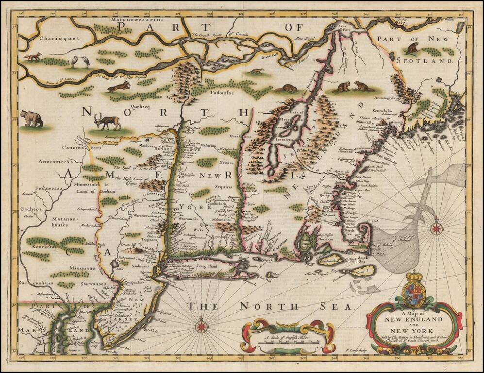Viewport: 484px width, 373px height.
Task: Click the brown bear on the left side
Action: tap(32, 118)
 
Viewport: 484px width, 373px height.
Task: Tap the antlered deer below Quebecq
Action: tap(108, 121)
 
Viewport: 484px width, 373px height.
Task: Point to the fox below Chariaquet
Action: tap(33, 57)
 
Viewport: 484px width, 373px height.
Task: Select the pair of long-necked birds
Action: tap(80, 61)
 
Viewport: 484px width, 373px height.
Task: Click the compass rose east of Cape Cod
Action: tap(436, 227)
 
